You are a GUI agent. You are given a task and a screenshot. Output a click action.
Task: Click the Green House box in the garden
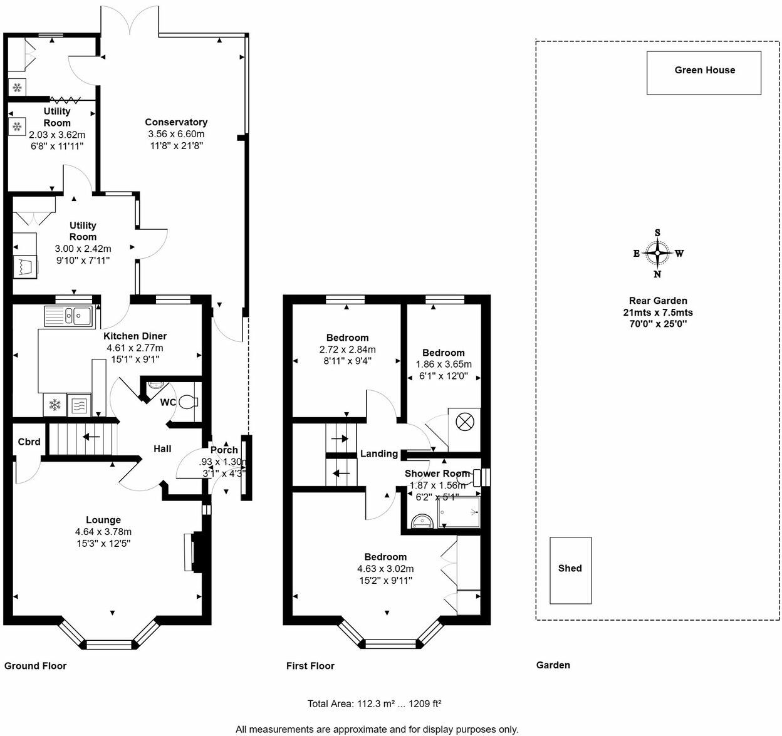[704, 73]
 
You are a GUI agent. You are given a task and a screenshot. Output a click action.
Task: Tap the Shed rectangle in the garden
[570, 570]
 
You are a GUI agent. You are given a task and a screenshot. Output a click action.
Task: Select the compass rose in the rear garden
[657, 253]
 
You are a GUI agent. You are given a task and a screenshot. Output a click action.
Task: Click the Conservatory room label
[176, 122]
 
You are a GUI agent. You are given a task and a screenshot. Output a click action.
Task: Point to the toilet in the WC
[187, 402]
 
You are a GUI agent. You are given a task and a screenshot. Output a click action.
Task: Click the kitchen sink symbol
[69, 316]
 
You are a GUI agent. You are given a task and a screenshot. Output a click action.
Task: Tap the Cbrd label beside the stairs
[29, 442]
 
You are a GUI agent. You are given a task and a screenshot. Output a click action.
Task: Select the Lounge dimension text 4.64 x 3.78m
[103, 532]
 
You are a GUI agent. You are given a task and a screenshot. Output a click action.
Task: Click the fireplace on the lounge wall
[189, 552]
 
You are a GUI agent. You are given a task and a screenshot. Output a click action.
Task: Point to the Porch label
[224, 450]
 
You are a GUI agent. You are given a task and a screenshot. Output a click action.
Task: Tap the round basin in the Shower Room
[420, 521]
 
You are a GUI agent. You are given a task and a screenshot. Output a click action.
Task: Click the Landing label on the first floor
[378, 454]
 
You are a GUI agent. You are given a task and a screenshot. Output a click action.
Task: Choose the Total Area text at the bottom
[374, 703]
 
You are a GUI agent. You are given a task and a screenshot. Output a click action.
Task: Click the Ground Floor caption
[35, 666]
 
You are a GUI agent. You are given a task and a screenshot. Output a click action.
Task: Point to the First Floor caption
[310, 666]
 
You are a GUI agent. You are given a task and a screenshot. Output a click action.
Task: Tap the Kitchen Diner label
[135, 336]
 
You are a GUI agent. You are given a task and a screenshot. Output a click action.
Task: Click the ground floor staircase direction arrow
[91, 437]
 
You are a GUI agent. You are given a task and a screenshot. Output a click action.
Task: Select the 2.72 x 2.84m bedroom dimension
[347, 350]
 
